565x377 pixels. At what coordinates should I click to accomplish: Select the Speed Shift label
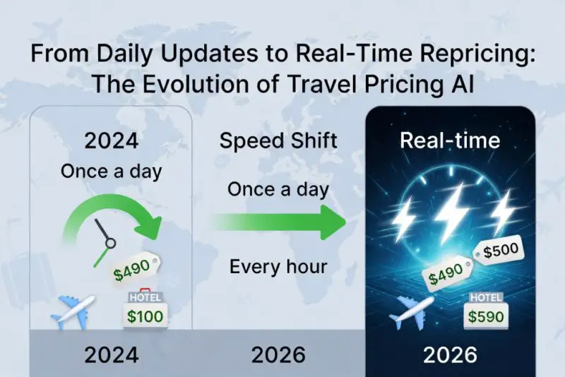[278, 140]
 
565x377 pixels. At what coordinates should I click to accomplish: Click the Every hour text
[278, 268]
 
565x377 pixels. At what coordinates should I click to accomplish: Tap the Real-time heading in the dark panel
[450, 140]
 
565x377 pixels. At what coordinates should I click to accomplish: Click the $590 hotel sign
[486, 313]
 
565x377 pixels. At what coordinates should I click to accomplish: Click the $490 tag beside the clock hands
[135, 270]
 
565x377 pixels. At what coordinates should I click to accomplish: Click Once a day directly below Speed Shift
[278, 189]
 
